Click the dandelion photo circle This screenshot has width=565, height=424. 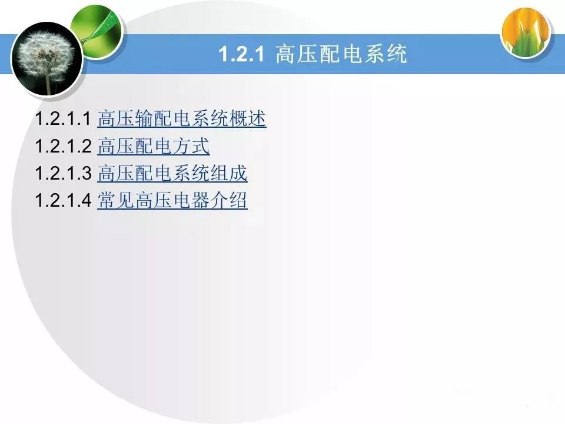pos(46,59)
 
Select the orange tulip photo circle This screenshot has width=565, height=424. pos(526,32)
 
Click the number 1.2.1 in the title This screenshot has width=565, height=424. pos(241,54)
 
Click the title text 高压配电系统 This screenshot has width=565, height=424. pos(341,54)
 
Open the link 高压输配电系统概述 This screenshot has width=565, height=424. pos(182,118)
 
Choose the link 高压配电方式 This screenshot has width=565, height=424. pos(153,145)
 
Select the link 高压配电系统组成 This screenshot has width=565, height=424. pos(172,173)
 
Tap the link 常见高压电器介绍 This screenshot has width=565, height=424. pos(172,200)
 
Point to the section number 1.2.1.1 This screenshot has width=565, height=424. pos(64,118)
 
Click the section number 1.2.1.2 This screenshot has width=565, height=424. pos(64,145)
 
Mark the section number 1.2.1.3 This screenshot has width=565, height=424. pos(64,173)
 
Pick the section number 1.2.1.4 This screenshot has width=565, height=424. pos(64,200)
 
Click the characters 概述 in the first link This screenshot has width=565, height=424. pos(247,118)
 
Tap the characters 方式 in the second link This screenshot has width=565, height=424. pos(191,145)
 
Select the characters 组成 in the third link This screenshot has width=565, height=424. pos(228,173)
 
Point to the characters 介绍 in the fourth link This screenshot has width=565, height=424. pos(228,200)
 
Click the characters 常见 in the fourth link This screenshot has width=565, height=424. pos(116,200)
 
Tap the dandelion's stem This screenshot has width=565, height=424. pos(48,82)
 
